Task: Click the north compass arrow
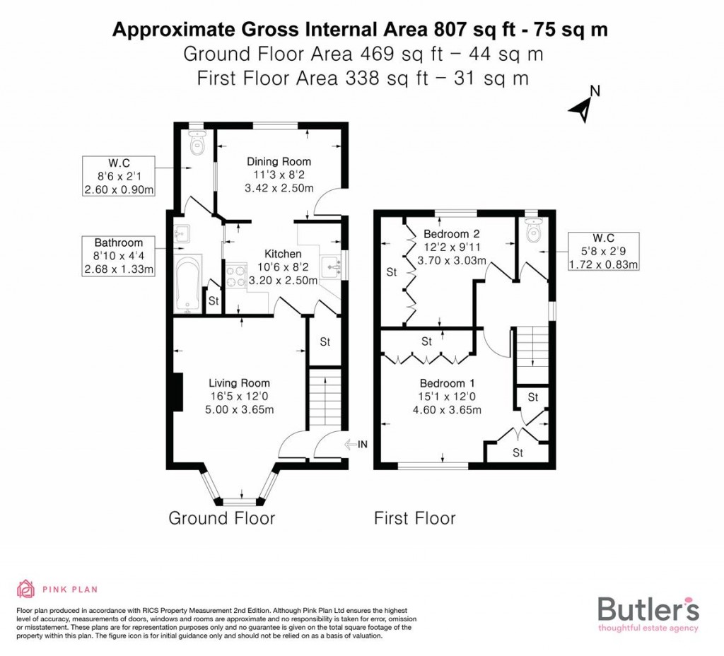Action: (x=583, y=108)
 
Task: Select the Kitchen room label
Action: (x=283, y=254)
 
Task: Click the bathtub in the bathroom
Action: (x=188, y=285)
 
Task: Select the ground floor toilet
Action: (x=197, y=143)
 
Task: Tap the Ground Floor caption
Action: (x=221, y=518)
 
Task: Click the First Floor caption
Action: (x=415, y=518)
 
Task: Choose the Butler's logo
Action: (x=648, y=612)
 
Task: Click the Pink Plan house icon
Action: (x=26, y=588)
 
